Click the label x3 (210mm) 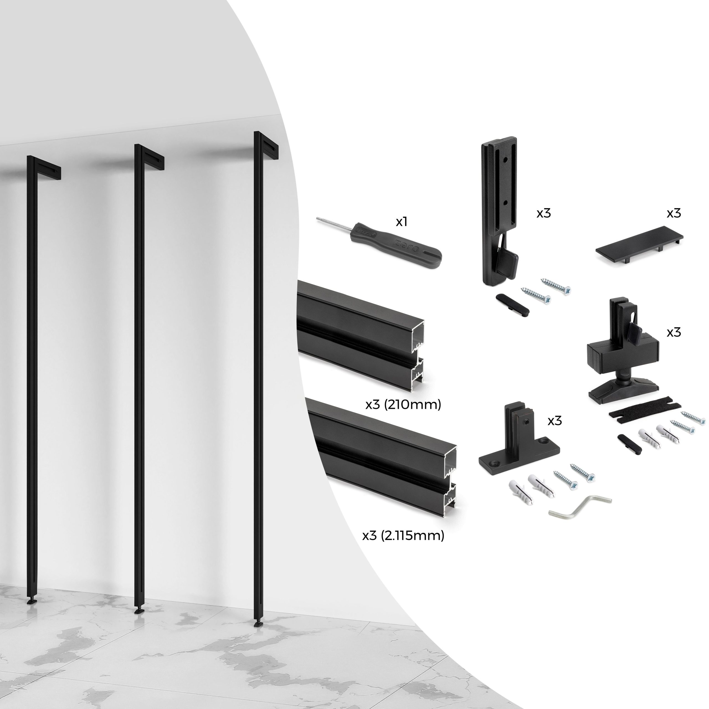point(403,405)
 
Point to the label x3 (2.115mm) point(403,536)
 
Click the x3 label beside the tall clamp point(543,213)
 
